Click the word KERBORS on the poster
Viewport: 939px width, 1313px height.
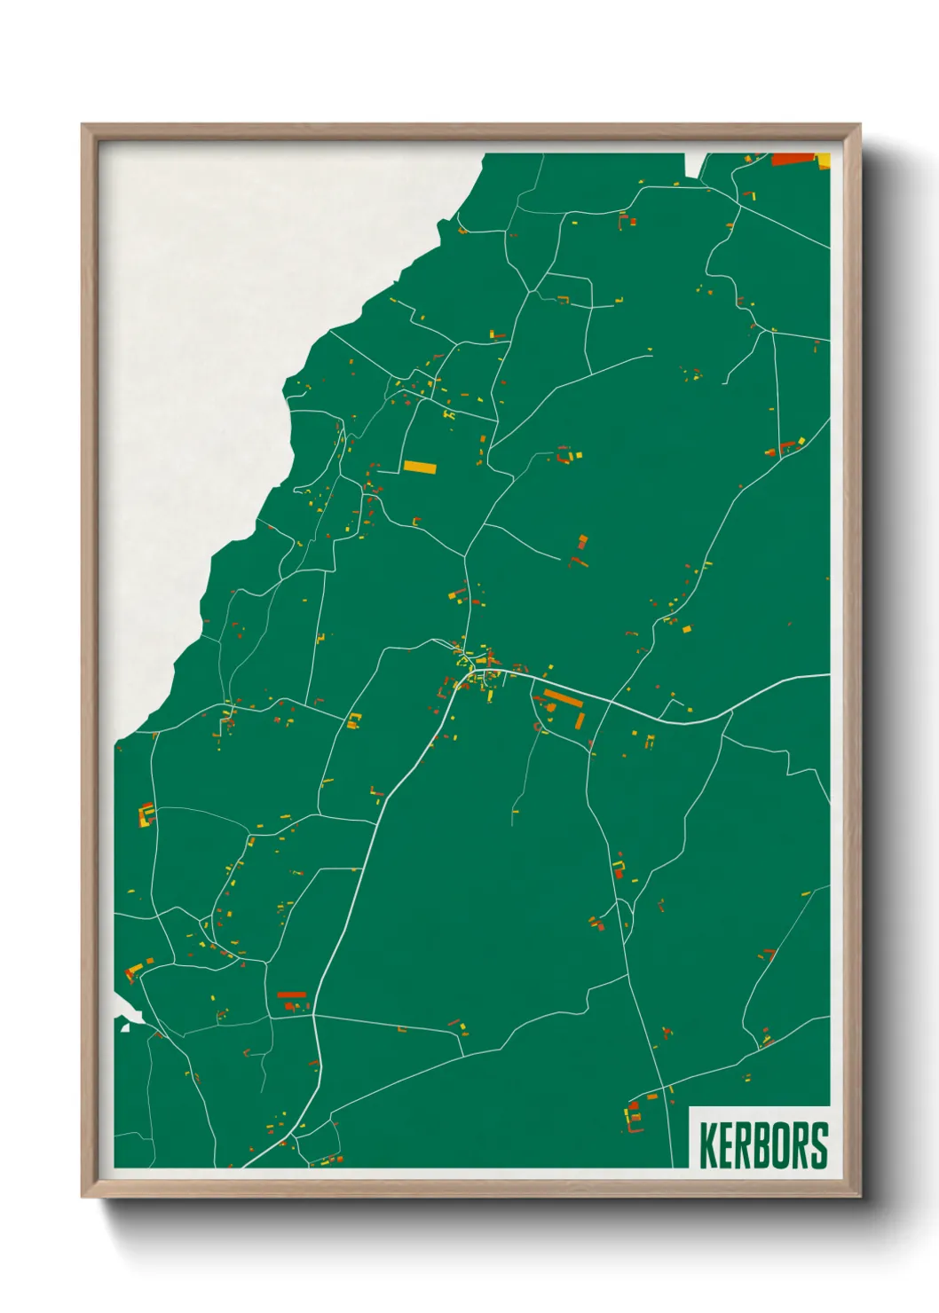pos(763,1145)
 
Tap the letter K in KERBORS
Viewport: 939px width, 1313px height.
pos(708,1145)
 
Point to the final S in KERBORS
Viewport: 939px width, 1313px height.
pos(818,1145)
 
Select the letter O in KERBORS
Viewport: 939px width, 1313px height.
pos(782,1145)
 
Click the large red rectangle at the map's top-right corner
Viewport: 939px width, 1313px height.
pos(793,160)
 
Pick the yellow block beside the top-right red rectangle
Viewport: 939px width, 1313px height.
pos(823,160)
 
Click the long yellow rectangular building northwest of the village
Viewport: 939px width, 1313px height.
pos(420,467)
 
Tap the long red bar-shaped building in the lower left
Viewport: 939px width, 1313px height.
pos(291,995)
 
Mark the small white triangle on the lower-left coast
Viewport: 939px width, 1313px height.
pos(126,1026)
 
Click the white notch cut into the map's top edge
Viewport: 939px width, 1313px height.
pos(694,164)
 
